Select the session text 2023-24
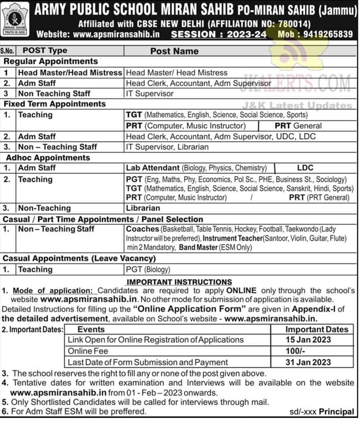coord(246,34)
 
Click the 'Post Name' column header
coord(174,51)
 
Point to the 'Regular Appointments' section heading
coord(51,61)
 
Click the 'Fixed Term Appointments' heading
coord(54,104)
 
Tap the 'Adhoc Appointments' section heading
coord(48,157)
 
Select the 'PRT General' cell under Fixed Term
coord(298,126)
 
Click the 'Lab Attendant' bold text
coord(153,168)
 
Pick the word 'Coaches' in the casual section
coord(142,229)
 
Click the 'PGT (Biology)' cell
coord(148,270)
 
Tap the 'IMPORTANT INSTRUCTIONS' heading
coord(179,282)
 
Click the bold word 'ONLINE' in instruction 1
coord(241,291)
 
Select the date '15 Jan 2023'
coord(308,340)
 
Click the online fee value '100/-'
coord(295,351)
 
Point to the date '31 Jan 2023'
coord(308,362)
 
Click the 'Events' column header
coord(91,329)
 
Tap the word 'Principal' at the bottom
coord(337,411)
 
